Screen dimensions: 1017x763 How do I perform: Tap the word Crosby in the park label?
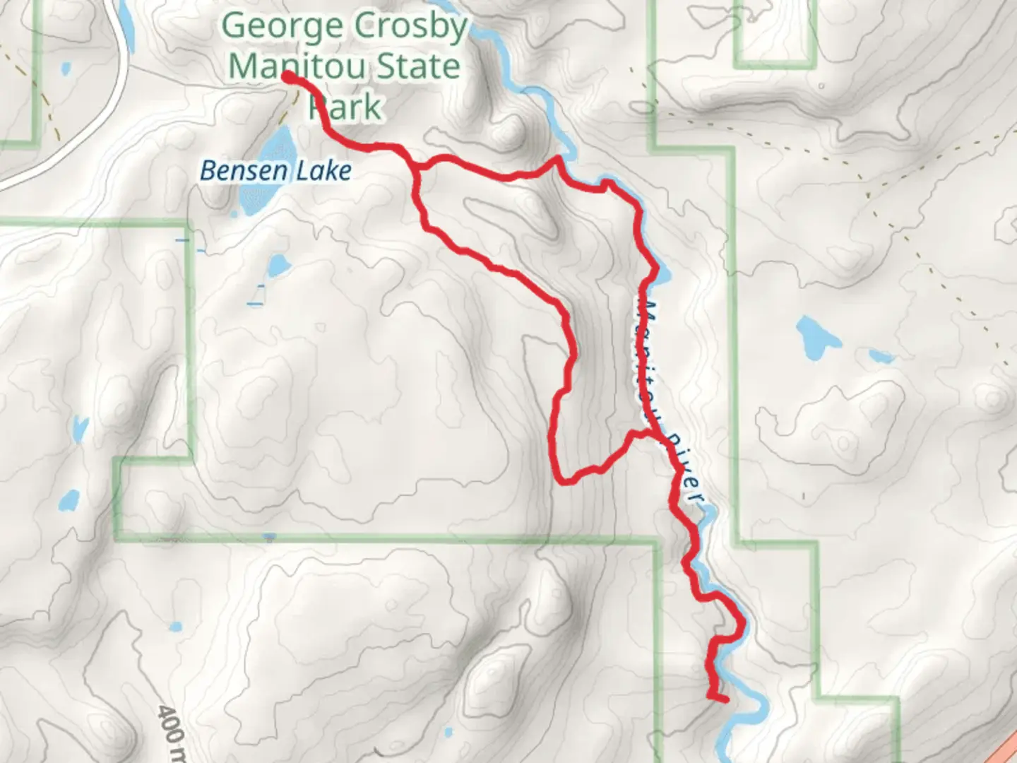coord(411,28)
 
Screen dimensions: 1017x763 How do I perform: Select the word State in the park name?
coord(418,67)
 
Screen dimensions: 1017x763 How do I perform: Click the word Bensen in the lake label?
coord(244,171)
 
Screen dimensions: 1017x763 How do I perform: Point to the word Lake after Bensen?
coord(324,171)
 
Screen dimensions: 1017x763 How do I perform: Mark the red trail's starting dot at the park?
coord(289,76)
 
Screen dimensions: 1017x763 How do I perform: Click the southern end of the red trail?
coord(725,700)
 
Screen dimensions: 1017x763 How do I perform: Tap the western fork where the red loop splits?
coord(417,168)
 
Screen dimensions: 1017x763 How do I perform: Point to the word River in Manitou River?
coord(684,466)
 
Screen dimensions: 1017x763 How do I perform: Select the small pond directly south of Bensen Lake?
coord(277,266)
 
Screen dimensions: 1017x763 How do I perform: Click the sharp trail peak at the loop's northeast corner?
coord(558,159)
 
